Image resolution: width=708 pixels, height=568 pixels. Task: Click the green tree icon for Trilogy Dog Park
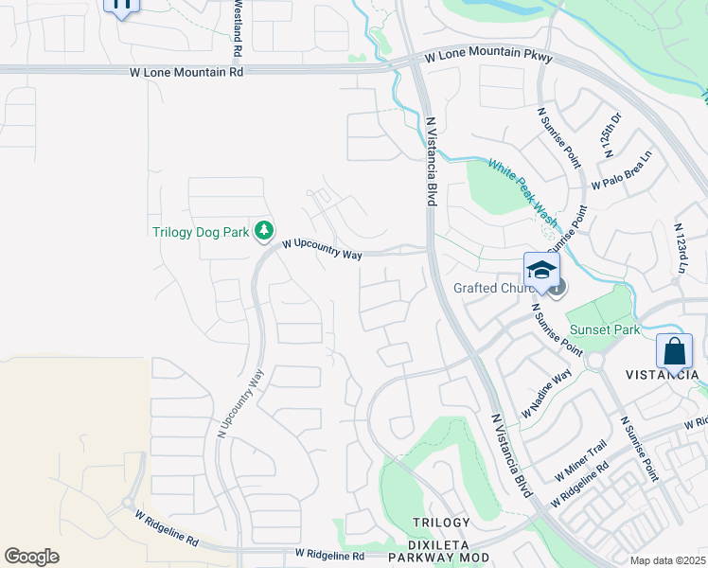(x=266, y=230)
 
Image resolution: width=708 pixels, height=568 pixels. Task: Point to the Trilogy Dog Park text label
(x=202, y=232)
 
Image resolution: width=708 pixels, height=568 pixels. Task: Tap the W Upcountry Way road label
(x=322, y=249)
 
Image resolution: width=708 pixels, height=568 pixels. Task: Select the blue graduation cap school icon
(x=541, y=270)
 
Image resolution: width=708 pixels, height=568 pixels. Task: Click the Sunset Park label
(x=604, y=330)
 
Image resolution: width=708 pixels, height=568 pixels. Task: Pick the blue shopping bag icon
(x=674, y=352)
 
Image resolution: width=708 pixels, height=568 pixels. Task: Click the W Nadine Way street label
(x=547, y=395)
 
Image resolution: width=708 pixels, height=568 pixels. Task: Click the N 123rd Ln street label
(x=680, y=248)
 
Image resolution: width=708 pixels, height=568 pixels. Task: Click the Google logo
(x=32, y=557)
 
